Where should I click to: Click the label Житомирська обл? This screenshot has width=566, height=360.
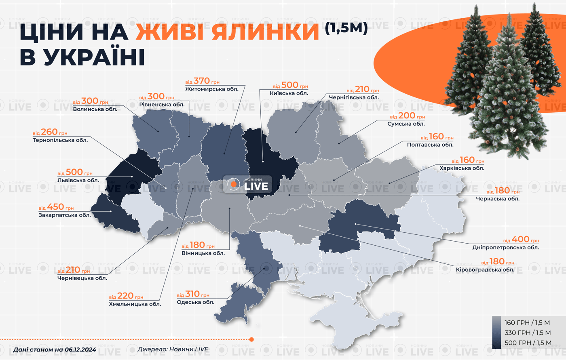pyautogui.click(x=212, y=89)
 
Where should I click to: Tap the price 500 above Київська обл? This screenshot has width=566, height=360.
pyautogui.click(x=289, y=85)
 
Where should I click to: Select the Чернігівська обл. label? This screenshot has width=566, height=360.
pyautogui.click(x=354, y=97)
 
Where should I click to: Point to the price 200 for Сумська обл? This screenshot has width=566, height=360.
pyautogui.click(x=406, y=116)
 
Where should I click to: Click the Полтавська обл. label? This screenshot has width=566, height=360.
pyautogui.click(x=430, y=145)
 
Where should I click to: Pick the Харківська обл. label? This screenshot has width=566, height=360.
pyautogui.click(x=462, y=168)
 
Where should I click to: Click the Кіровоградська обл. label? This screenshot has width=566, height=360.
pyautogui.click(x=485, y=269)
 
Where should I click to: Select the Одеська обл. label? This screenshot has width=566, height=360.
pyautogui.click(x=196, y=302)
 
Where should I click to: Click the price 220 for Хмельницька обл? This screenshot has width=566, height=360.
pyautogui.click(x=125, y=296)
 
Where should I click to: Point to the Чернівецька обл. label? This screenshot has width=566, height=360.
pyautogui.click(x=82, y=278)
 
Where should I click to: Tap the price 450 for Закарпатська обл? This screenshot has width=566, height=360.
pyautogui.click(x=55, y=207)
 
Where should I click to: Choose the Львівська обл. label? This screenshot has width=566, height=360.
pyautogui.click(x=78, y=180)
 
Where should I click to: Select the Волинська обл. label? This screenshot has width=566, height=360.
pyautogui.click(x=95, y=109)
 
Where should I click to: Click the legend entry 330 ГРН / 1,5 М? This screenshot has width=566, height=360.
pyautogui.click(x=527, y=333)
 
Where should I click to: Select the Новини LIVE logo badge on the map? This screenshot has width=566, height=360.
pyautogui.click(x=247, y=185)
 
